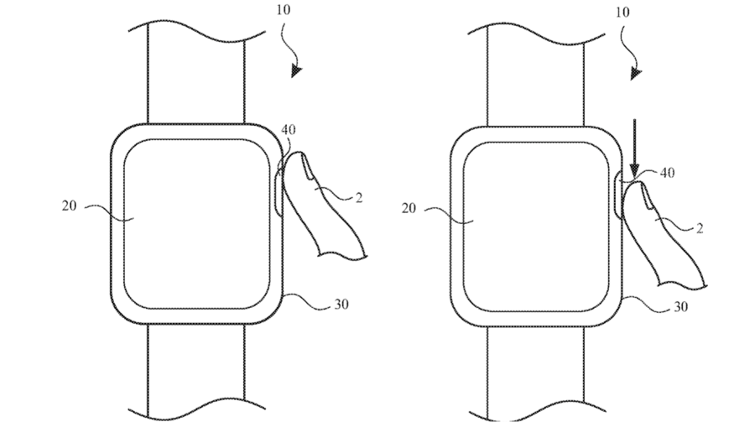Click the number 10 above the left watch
(284, 10)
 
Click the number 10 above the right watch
(622, 12)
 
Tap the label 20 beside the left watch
(70, 206)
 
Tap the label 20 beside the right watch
(409, 209)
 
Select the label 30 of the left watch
(341, 305)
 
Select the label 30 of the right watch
(680, 307)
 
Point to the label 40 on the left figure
(289, 129)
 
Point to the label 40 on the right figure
(667, 172)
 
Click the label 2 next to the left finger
(359, 197)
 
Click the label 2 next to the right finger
(700, 228)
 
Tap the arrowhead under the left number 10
(296, 71)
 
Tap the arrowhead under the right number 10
(636, 74)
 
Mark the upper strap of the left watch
(196, 72)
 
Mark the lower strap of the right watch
(536, 374)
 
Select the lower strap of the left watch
(196, 372)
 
